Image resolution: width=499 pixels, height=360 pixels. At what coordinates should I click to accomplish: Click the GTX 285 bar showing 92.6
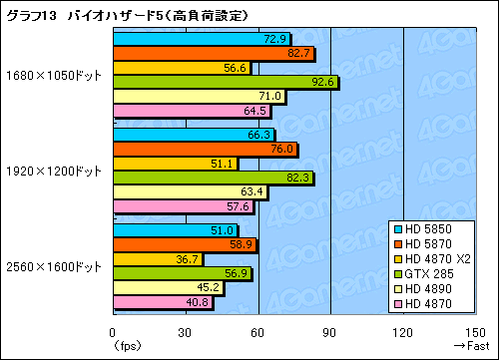[x=226, y=83]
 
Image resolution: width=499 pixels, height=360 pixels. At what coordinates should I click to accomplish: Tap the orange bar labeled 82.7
[x=214, y=54]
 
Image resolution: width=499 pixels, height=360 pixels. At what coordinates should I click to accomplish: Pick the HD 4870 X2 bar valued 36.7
[x=158, y=259]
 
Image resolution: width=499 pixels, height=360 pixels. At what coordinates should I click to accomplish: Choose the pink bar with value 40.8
[x=163, y=302]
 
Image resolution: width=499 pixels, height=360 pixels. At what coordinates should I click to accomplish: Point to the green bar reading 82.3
[x=213, y=178]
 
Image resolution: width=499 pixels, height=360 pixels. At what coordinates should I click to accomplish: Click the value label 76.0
[x=283, y=150]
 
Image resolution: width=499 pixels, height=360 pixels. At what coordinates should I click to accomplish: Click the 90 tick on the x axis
[x=330, y=332]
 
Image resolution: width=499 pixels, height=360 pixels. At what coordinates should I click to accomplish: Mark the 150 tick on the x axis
[x=474, y=332]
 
